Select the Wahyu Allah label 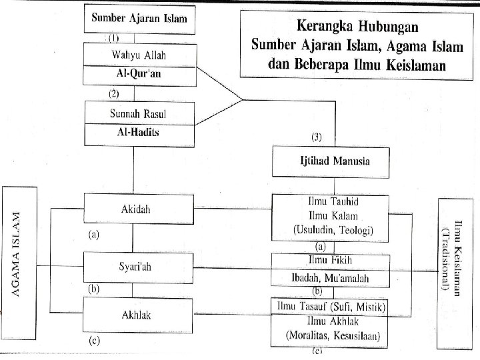135,55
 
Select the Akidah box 135,209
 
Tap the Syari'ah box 135,267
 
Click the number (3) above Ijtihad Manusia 317,137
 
